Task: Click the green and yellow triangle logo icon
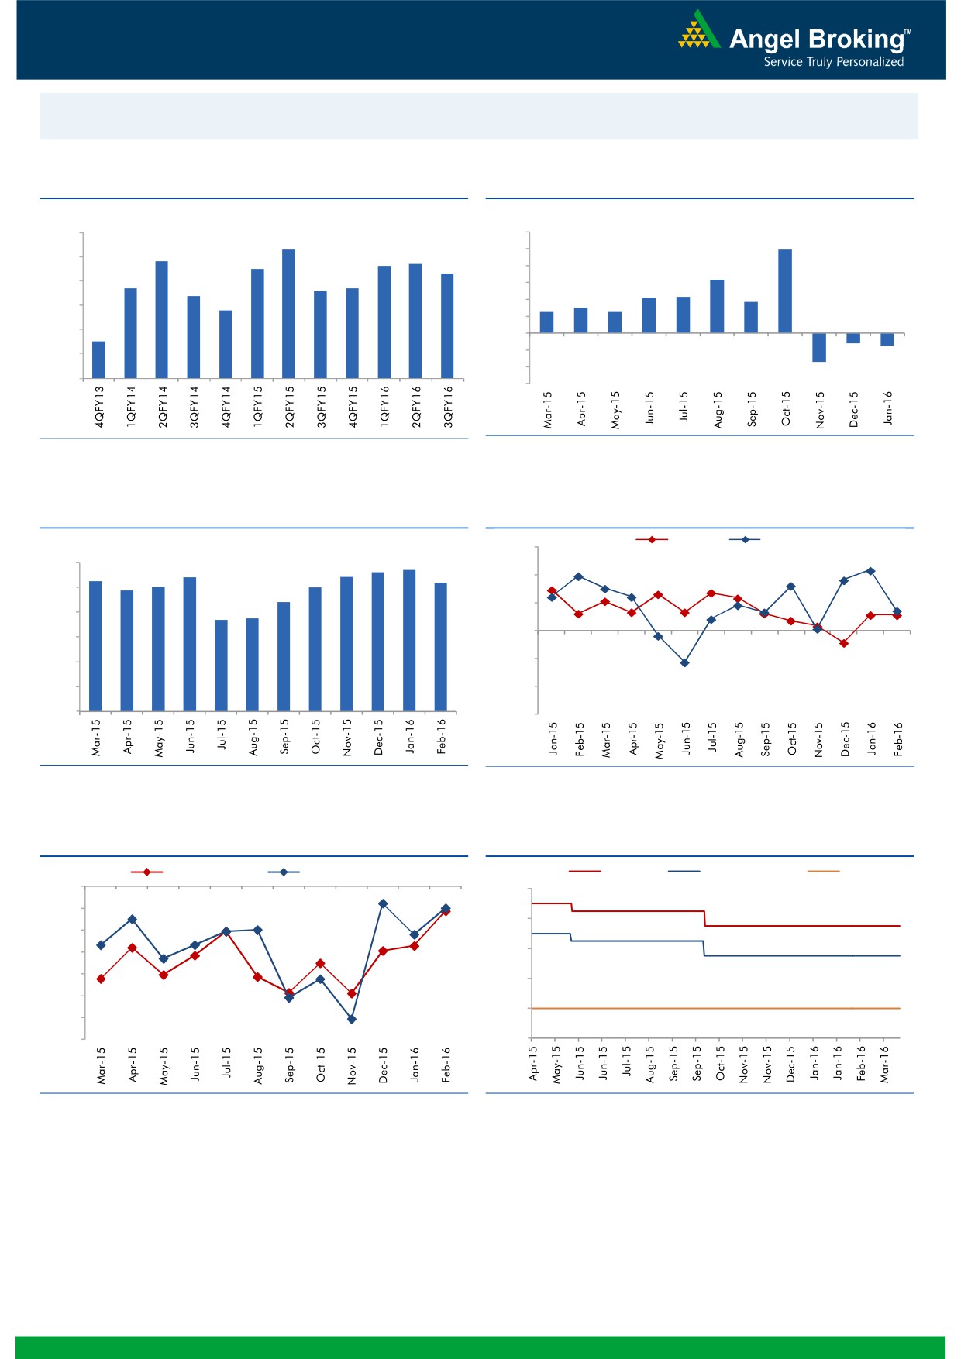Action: click(x=698, y=31)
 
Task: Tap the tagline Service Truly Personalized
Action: click(x=833, y=62)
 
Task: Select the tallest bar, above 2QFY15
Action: click(x=288, y=314)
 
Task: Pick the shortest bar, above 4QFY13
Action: click(x=98, y=360)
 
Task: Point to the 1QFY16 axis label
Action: click(x=384, y=407)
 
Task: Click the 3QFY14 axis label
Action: click(x=194, y=407)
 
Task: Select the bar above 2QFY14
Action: click(x=162, y=319)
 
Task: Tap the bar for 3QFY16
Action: click(x=447, y=325)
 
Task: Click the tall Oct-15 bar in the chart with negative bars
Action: click(x=785, y=291)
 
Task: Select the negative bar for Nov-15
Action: click(x=819, y=347)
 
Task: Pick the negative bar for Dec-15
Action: click(x=853, y=339)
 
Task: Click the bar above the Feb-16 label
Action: click(x=441, y=646)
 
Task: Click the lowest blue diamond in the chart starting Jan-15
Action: click(x=684, y=663)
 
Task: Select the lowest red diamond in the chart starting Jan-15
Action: click(x=844, y=643)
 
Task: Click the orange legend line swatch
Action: click(x=823, y=872)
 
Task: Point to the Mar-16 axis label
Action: click(x=884, y=1064)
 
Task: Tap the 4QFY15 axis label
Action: click(x=353, y=407)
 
